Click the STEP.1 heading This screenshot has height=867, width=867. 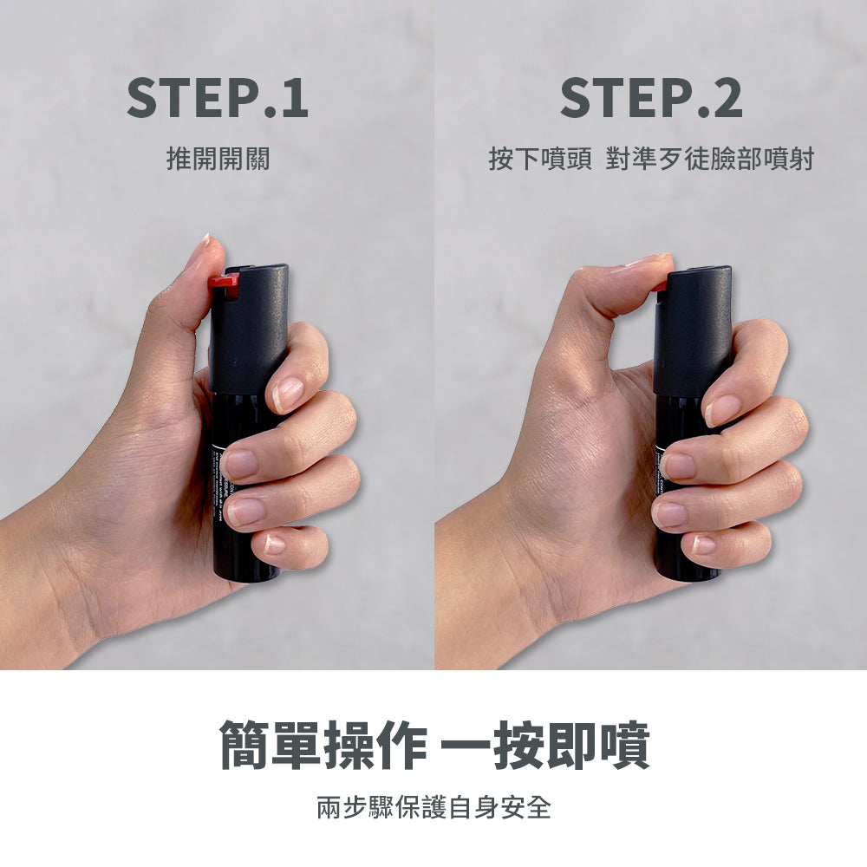point(217,97)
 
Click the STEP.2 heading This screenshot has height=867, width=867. point(650,97)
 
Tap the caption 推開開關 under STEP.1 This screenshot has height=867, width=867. point(218,159)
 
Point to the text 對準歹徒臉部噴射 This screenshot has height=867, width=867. point(709,160)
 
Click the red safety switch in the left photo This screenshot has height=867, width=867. point(224,284)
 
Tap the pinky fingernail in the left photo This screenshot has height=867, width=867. point(274,544)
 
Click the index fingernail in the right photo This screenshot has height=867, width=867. point(721,409)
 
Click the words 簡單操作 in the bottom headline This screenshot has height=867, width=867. point(321,745)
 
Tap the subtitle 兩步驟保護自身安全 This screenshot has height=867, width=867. point(433,808)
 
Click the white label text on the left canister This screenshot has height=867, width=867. point(218,486)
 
